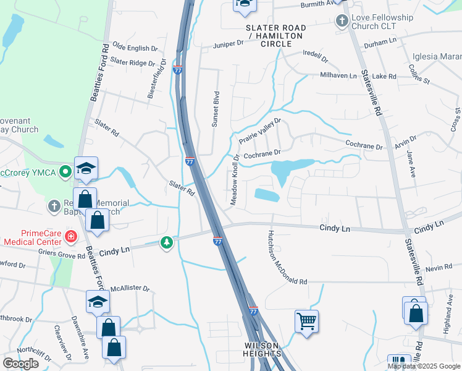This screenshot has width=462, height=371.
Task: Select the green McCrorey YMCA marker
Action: coord(65,173)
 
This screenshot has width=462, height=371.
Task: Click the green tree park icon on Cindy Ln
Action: coord(166,242)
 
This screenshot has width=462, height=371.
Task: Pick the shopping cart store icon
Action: coord(306,321)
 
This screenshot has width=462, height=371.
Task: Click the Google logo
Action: coord(20,364)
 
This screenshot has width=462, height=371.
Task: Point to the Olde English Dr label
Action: coord(131,48)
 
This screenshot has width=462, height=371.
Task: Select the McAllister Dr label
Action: coord(129,289)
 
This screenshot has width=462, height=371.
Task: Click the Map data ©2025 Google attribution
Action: coord(424,366)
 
